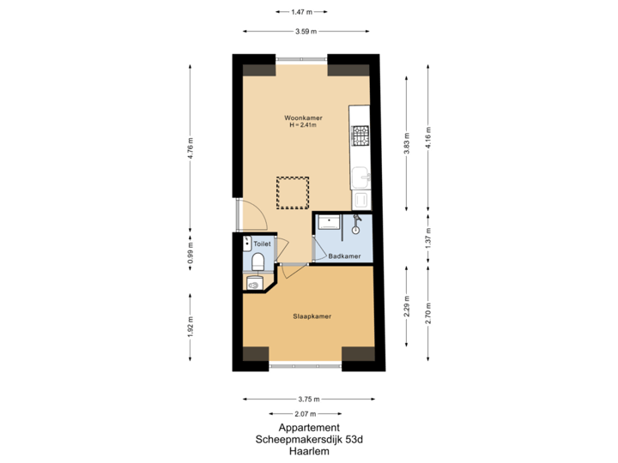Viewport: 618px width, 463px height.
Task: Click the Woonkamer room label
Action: point(304,117)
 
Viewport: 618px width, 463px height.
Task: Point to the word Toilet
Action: point(262,244)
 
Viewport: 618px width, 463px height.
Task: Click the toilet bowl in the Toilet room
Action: point(257,261)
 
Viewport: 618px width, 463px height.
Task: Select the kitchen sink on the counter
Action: point(361,177)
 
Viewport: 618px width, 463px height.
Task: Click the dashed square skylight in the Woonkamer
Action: point(292,192)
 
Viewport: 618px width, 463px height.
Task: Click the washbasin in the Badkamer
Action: point(328,222)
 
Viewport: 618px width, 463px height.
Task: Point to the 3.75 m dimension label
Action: point(309,399)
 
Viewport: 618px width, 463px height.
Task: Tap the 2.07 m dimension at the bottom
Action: point(309,414)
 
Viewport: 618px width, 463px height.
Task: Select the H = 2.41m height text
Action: point(304,125)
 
